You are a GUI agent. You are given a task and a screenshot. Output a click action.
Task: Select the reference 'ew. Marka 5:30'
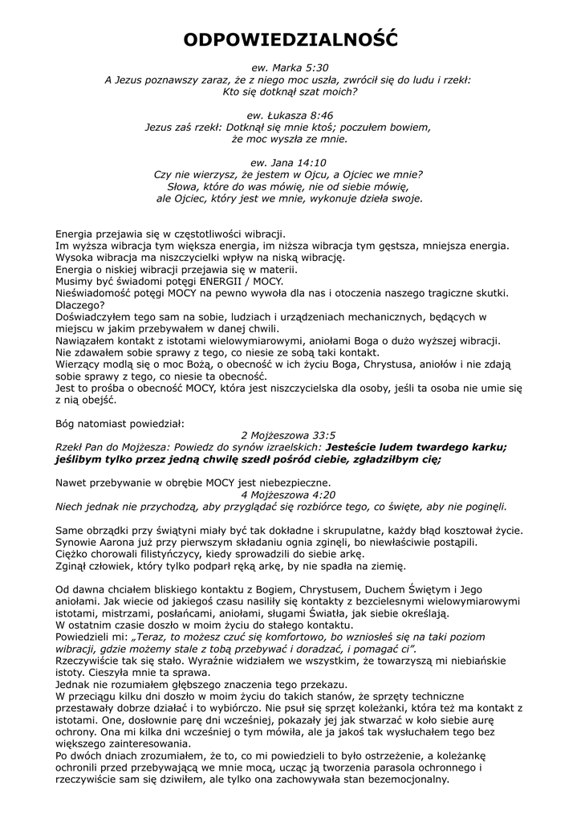pos(290,68)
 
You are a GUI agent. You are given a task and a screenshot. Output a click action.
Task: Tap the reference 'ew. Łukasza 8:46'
pos(290,115)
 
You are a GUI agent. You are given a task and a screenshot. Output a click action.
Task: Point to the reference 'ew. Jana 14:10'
pos(290,162)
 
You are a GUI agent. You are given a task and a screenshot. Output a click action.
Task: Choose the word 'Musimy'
pos(74,281)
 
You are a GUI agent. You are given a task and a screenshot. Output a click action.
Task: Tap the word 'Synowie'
pos(79,542)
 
